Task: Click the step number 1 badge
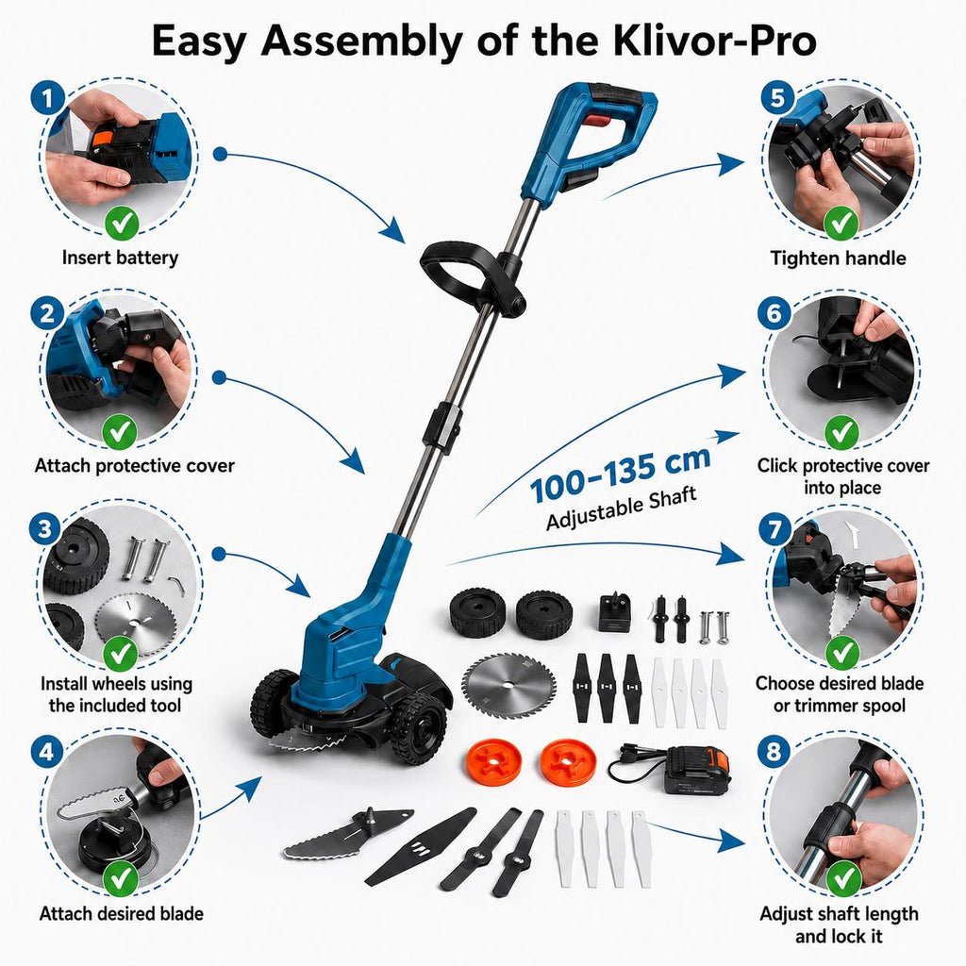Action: coord(47,97)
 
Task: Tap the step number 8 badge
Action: coord(774,751)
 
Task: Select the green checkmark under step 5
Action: coord(841,223)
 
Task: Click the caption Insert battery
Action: coord(120,258)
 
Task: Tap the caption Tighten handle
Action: coord(838,258)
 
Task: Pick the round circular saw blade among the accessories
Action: coord(508,685)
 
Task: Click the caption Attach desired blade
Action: coord(122,913)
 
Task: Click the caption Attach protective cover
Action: coord(134,466)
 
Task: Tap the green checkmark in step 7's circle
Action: coord(841,653)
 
